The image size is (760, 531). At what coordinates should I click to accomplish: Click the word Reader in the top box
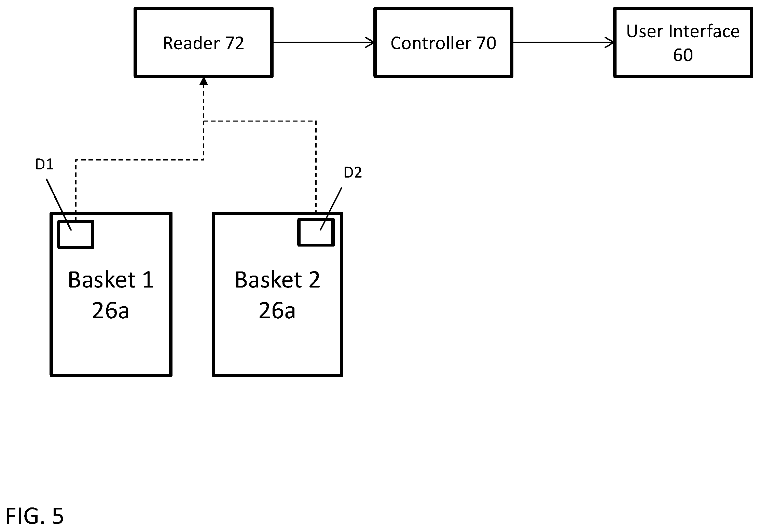[191, 43]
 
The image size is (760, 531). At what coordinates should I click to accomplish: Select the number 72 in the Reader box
[234, 43]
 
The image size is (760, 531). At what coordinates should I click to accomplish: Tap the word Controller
[431, 43]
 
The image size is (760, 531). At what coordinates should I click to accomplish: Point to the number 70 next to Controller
[486, 43]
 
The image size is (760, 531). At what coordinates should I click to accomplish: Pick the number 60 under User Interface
[683, 55]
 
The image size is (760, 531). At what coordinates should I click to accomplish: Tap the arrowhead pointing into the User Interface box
[610, 43]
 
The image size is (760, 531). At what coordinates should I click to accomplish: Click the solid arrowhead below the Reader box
[204, 81]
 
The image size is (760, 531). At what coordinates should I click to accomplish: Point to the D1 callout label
[44, 165]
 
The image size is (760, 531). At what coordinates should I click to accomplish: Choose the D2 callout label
[353, 173]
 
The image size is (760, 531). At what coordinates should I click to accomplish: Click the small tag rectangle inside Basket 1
[75, 235]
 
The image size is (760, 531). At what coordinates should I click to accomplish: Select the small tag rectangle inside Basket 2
[316, 233]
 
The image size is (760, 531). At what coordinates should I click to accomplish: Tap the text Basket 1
[111, 280]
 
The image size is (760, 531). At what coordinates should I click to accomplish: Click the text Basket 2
[277, 280]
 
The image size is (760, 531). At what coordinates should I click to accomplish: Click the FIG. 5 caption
[34, 516]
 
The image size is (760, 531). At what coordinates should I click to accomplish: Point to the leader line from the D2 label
[331, 209]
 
